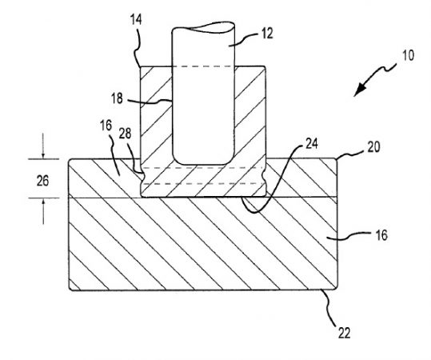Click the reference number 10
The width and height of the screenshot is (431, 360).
[x=408, y=58]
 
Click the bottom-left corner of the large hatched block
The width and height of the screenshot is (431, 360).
[x=71, y=290]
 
